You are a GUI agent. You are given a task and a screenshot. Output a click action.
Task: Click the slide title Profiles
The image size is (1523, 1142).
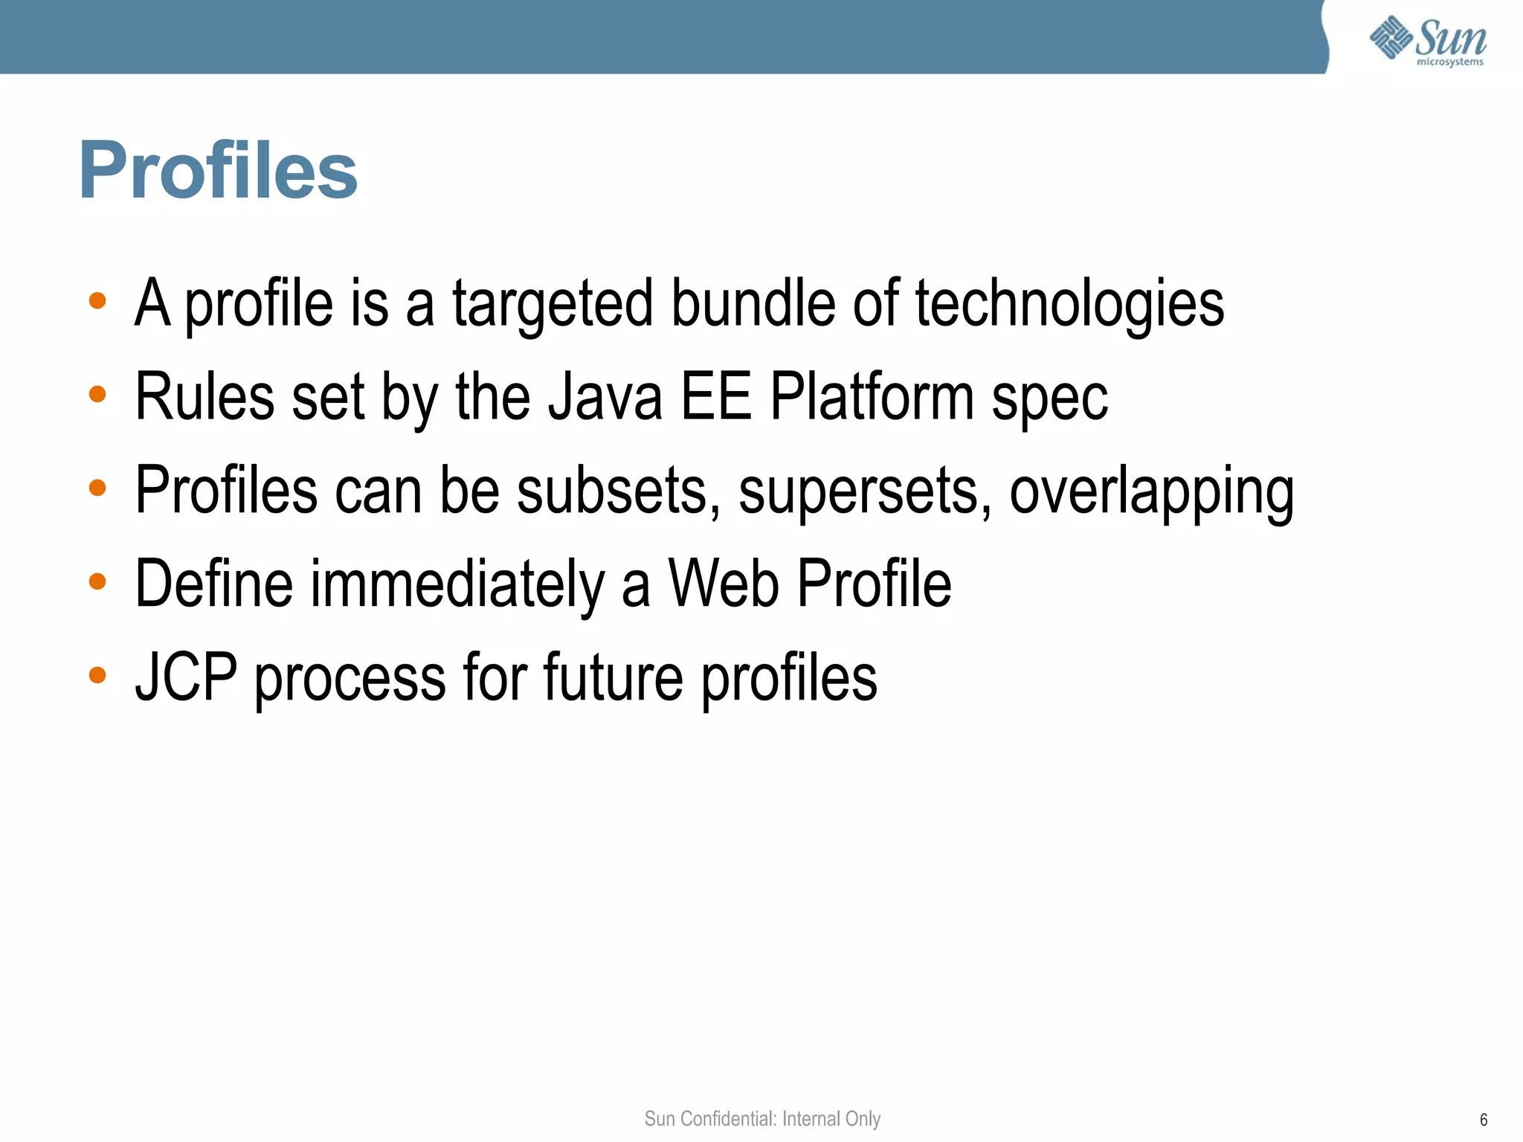click(x=218, y=171)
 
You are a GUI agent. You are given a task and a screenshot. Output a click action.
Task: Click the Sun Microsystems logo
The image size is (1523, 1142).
click(x=1428, y=41)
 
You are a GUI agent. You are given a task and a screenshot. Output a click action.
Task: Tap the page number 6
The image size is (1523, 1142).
click(x=1484, y=1120)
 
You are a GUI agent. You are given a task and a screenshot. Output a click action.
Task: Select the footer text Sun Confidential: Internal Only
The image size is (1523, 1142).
click(x=762, y=1118)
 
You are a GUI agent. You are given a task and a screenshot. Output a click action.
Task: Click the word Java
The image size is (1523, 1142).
click(x=605, y=397)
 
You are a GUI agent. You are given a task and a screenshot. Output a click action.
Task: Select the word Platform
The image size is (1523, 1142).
click(x=872, y=397)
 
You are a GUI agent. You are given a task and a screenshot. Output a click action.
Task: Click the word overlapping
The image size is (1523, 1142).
click(x=1151, y=491)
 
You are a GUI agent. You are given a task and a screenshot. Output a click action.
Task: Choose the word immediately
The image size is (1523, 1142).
click(x=457, y=584)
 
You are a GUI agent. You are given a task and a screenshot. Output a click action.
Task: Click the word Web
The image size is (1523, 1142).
click(x=724, y=584)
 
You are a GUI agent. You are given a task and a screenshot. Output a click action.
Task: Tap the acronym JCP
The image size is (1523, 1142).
click(x=186, y=677)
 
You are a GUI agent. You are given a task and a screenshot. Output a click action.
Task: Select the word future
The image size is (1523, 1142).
click(x=613, y=677)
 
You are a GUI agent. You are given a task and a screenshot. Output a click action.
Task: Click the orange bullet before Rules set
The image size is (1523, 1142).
click(x=97, y=394)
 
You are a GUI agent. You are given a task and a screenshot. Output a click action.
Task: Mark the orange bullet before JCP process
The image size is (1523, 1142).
click(x=97, y=675)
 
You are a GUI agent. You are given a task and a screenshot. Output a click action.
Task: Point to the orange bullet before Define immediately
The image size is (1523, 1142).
click(x=97, y=581)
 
